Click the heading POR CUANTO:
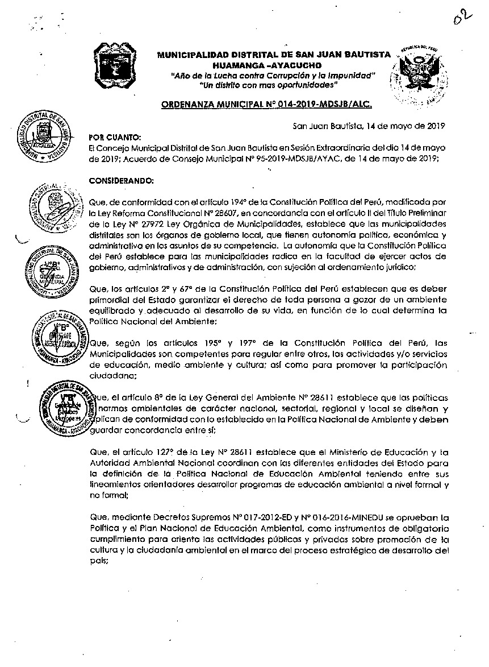(x=113, y=138)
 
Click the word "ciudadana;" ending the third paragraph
(x=112, y=375)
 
